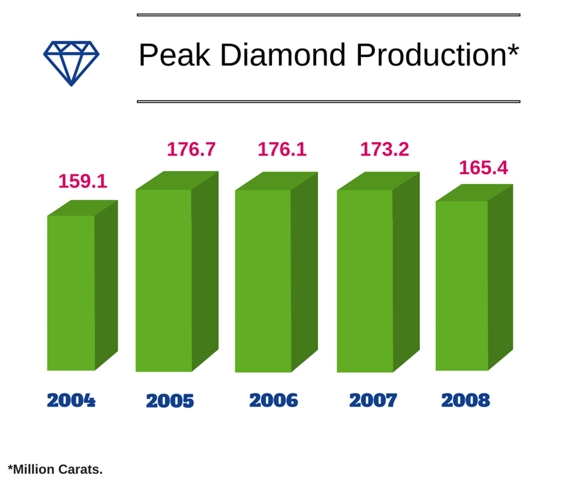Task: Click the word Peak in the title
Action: [x=175, y=54]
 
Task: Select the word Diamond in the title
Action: [x=283, y=54]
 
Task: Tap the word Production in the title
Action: [x=431, y=54]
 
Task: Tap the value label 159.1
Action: [x=83, y=181]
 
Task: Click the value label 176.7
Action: [x=191, y=149]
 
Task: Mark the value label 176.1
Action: [x=282, y=149]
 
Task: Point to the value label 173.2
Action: [x=384, y=149]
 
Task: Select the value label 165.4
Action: [x=483, y=168]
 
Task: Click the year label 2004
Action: [x=71, y=400]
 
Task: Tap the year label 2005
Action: [x=170, y=401]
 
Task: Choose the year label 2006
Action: [x=274, y=400]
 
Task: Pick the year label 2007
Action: [x=373, y=400]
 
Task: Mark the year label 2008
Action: [x=466, y=400]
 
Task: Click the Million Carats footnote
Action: [x=55, y=470]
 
